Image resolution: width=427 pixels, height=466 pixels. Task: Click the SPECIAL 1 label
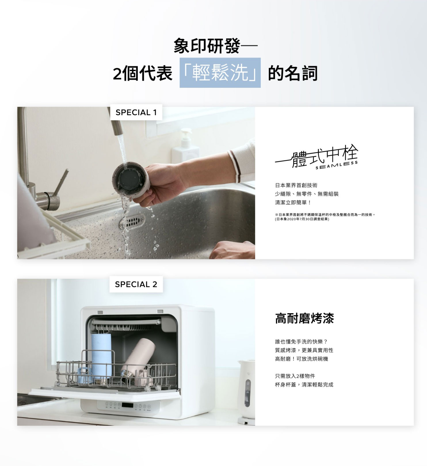[136, 112]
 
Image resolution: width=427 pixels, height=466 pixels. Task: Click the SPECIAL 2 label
[136, 284]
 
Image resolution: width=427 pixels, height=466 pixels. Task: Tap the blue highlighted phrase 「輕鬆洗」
[220, 73]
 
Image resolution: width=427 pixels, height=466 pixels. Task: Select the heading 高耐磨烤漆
[304, 319]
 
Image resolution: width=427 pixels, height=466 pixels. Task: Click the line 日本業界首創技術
[296, 185]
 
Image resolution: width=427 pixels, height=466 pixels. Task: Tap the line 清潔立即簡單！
[293, 202]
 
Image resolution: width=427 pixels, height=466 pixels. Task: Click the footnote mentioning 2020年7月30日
[302, 219]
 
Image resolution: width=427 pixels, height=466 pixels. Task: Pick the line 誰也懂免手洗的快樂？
[301, 342]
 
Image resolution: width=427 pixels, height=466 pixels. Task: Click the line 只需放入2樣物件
[295, 376]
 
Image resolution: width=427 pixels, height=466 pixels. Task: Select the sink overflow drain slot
[132, 221]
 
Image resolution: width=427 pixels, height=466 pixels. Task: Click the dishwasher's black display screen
[127, 405]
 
